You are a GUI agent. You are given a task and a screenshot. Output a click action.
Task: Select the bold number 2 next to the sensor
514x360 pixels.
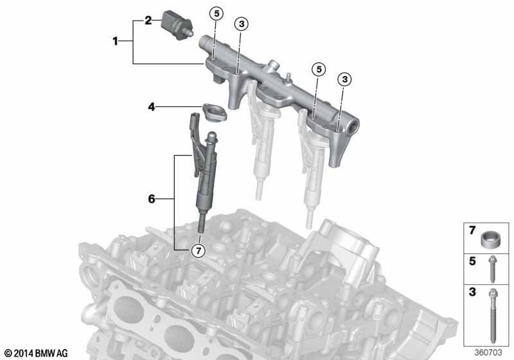click(x=148, y=21)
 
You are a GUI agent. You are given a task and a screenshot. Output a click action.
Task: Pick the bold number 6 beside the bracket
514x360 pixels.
click(x=152, y=200)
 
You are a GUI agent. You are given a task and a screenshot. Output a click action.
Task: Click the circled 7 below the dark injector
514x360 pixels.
click(x=199, y=251)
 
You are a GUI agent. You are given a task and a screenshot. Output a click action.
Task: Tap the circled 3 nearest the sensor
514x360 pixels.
click(x=241, y=24)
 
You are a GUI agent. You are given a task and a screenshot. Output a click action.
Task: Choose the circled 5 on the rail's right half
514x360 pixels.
click(x=318, y=68)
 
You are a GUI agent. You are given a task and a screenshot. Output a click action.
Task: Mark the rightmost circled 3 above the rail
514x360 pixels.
click(x=344, y=78)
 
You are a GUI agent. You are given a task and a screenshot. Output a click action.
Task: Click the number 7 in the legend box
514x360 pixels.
click(x=472, y=230)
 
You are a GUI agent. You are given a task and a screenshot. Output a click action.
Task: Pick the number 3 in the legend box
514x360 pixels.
click(x=472, y=292)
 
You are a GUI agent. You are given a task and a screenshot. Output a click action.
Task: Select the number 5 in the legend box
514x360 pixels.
click(x=472, y=261)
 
